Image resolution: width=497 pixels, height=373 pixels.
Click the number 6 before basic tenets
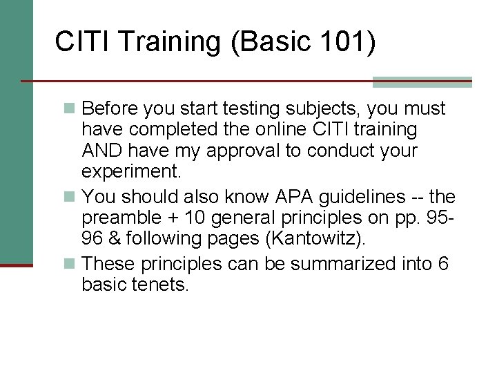(441, 265)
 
